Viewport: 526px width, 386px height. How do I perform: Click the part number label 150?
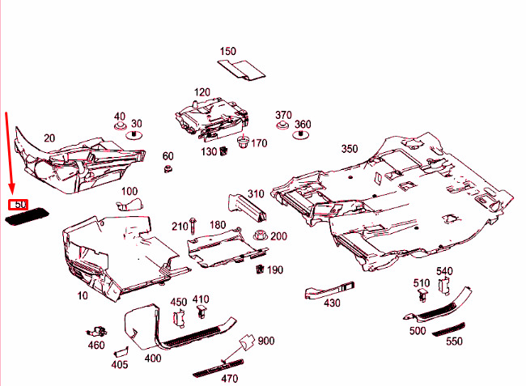227,51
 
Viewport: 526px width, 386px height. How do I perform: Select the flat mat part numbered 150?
241,70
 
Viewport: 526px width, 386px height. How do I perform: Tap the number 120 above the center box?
202,92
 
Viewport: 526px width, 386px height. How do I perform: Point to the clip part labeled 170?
243,142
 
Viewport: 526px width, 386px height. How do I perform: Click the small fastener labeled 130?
223,151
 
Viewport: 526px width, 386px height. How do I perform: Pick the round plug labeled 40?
119,126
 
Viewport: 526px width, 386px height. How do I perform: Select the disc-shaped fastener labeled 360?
300,134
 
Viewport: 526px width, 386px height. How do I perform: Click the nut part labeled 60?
168,168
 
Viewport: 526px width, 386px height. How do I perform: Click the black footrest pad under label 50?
28,216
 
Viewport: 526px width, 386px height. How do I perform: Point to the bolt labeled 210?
193,226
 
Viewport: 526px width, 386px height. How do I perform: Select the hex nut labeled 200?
261,235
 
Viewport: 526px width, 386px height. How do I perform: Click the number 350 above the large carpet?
350,149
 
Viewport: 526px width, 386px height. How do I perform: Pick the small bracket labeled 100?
129,204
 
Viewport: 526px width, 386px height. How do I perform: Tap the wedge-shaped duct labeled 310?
248,208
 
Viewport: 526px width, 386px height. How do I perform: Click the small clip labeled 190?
259,269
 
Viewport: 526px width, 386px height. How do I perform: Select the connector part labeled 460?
96,332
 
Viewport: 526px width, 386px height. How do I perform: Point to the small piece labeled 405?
121,351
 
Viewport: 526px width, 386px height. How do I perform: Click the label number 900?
266,341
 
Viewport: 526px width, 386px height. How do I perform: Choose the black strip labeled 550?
448,329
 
